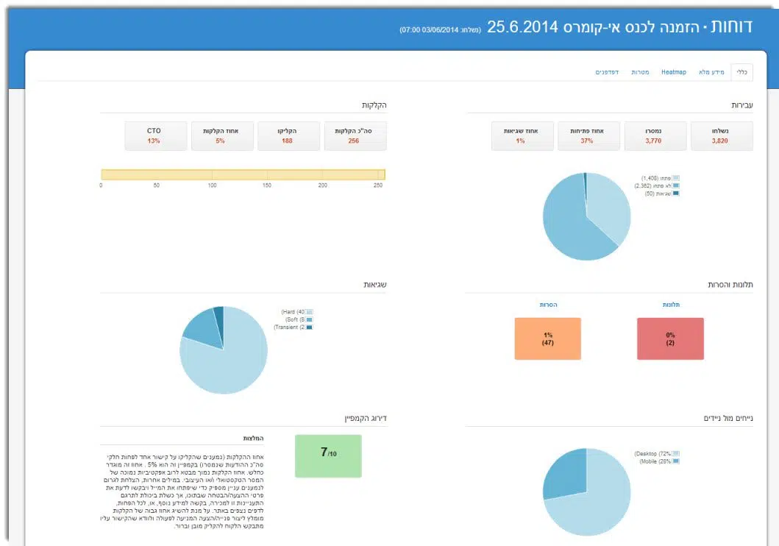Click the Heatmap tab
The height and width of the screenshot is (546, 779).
[x=673, y=72]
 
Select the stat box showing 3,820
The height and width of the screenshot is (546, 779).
[x=721, y=136]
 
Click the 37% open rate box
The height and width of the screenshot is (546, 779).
[x=586, y=136]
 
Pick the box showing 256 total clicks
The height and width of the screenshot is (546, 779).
[x=354, y=136]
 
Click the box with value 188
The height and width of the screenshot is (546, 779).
[x=288, y=136]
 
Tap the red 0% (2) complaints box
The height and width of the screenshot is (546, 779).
[x=670, y=338]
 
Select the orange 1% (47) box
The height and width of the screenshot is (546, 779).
[x=547, y=338]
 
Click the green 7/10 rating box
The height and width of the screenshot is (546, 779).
[x=328, y=456]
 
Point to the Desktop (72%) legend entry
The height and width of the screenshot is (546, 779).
[x=657, y=454]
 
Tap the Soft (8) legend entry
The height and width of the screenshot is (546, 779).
[x=296, y=319]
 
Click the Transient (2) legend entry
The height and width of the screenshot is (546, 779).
[x=293, y=327]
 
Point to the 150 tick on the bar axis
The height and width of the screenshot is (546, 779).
[x=267, y=185]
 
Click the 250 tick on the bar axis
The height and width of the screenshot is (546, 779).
[x=378, y=185]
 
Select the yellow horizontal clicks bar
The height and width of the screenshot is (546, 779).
[x=243, y=174]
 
